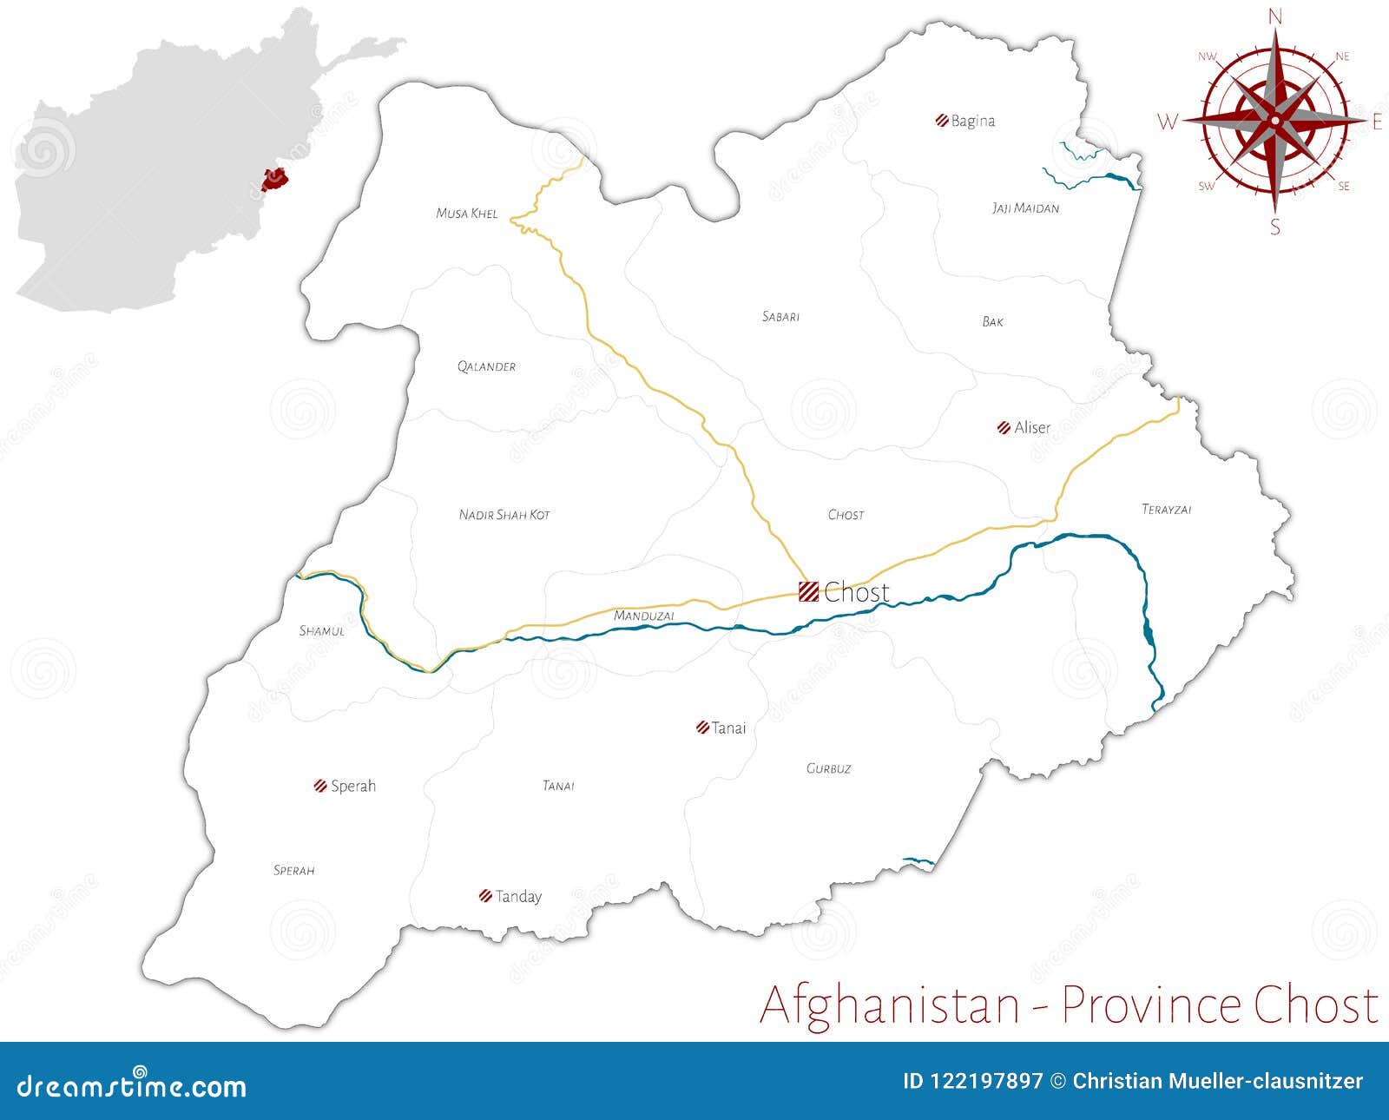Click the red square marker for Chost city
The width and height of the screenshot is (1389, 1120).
click(808, 591)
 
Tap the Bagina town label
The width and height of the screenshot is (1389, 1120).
click(972, 122)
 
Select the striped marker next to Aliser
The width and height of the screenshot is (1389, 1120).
click(1004, 427)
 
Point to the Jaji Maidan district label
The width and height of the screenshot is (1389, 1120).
click(1025, 208)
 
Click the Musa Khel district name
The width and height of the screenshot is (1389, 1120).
click(467, 214)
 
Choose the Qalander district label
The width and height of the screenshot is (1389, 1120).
click(486, 366)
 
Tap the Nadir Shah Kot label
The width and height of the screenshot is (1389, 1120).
click(504, 515)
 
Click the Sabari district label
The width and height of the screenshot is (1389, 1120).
click(780, 317)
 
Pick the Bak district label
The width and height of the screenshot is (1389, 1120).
click(992, 322)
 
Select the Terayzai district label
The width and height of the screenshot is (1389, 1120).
click(1166, 510)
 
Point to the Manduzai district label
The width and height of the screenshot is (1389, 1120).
click(643, 616)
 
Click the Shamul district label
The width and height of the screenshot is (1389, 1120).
click(321, 631)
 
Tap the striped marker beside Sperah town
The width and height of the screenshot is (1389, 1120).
click(319, 786)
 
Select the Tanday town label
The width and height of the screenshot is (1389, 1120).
click(518, 896)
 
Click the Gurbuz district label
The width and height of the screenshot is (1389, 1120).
click(828, 768)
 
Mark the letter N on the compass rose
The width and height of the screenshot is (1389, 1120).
click(1274, 16)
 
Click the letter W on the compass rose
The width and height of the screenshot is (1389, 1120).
click(1168, 122)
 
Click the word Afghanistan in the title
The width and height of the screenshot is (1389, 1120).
click(889, 1005)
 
